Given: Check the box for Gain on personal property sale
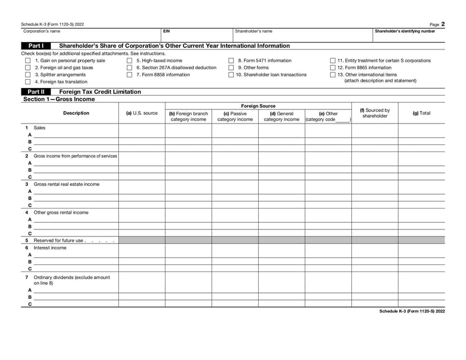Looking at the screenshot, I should tap(27, 61).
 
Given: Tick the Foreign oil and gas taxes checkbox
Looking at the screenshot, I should tap(27, 68).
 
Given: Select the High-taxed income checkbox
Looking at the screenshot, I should tap(129, 61).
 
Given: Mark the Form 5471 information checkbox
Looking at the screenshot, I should tap(231, 61).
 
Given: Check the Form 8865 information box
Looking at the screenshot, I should tap(333, 68).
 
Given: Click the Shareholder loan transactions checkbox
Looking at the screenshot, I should tap(231, 75).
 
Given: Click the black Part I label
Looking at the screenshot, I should tap(36, 45).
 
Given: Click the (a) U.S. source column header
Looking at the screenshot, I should tap(142, 113).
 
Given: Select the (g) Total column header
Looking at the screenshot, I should tap(421, 113).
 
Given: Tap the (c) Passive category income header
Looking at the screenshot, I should tap(235, 117).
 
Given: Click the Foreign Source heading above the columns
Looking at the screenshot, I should tap(258, 106).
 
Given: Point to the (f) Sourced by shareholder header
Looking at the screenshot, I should tap(375, 113).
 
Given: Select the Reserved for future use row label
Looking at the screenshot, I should tap(59, 240).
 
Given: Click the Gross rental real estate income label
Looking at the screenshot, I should tap(66, 184).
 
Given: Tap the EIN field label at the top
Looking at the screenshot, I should tap(167, 31).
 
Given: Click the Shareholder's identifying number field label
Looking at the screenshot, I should tap(404, 31).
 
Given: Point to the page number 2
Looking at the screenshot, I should tap(443, 24).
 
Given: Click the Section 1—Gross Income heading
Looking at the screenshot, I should tap(59, 99).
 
